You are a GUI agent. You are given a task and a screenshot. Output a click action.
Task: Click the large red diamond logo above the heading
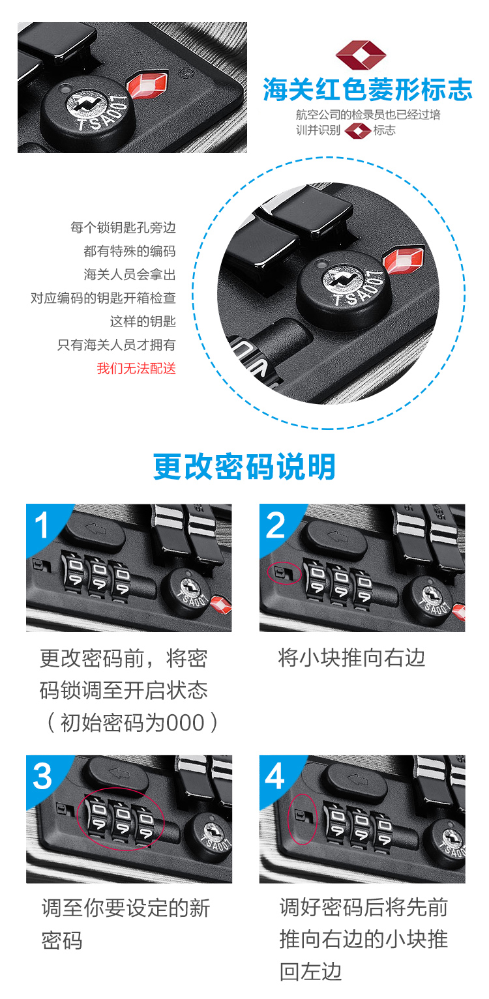361,55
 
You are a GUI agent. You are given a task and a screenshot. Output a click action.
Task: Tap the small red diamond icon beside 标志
357,131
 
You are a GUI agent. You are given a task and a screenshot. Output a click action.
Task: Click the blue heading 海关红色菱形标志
367,89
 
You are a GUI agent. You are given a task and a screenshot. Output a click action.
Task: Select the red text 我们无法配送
136,368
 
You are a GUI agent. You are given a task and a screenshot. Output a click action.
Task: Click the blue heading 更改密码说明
244,467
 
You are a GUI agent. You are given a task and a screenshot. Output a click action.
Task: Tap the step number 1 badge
42,525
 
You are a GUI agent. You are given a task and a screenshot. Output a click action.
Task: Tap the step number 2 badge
275,525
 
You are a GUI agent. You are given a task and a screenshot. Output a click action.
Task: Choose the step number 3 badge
42,776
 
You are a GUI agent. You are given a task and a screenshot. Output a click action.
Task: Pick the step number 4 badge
275,776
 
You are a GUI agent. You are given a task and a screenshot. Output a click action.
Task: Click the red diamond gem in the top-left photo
147,85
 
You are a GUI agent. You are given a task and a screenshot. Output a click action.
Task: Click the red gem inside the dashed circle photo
404,259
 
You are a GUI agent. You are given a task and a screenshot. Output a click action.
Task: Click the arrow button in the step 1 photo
95,531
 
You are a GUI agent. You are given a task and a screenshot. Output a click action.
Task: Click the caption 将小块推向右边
351,658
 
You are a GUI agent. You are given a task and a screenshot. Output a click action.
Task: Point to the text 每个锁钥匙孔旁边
123,227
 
